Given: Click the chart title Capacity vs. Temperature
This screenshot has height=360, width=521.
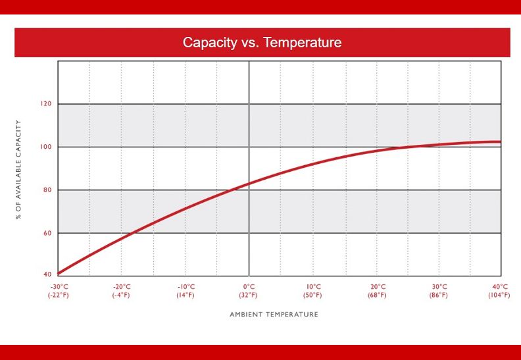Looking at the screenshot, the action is (x=262, y=43).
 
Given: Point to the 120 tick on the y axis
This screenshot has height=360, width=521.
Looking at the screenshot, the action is (x=46, y=104).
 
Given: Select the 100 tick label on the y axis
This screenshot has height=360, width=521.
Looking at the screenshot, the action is (x=46, y=147).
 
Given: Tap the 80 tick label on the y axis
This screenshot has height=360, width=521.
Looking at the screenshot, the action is (x=47, y=190).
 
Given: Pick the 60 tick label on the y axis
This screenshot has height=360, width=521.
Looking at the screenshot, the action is (x=47, y=233).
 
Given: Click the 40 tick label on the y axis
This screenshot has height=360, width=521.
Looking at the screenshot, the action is (x=47, y=274).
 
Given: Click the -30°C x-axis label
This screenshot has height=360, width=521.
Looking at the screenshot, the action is (x=58, y=287).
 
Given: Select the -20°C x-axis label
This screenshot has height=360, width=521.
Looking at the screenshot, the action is (x=122, y=287).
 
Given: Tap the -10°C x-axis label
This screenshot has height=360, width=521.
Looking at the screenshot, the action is (x=186, y=287).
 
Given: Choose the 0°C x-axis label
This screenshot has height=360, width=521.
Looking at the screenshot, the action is (x=249, y=287).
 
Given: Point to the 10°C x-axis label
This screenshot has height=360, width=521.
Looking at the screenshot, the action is (x=313, y=287).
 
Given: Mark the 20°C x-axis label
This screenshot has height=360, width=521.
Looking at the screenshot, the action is (x=378, y=287).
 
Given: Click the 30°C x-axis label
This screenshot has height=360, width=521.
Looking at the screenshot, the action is (x=439, y=287).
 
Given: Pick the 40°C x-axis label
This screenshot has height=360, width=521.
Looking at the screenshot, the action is (x=500, y=287).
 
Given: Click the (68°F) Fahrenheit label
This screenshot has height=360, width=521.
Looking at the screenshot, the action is (x=377, y=296).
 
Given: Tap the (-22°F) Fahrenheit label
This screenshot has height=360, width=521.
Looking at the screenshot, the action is (x=59, y=296).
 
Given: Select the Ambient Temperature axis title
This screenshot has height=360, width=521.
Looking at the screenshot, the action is (x=274, y=315).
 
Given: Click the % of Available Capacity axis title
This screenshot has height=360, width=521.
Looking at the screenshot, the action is (x=18, y=170).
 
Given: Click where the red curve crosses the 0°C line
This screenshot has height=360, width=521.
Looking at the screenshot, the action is (x=249, y=183).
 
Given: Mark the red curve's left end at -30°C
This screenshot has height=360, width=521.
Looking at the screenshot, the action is (x=59, y=274).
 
